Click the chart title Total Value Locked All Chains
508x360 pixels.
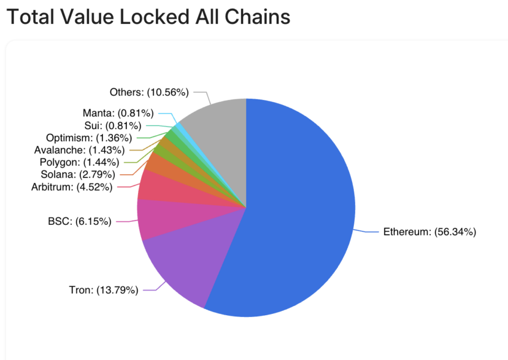[x=148, y=17]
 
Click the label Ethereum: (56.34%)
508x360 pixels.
[x=429, y=232]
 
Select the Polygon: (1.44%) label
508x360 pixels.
[x=79, y=162]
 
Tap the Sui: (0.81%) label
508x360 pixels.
[x=113, y=126]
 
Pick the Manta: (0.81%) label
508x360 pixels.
[x=118, y=112]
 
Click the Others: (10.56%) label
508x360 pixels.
[x=149, y=92]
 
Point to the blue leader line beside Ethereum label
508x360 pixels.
[x=366, y=231]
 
